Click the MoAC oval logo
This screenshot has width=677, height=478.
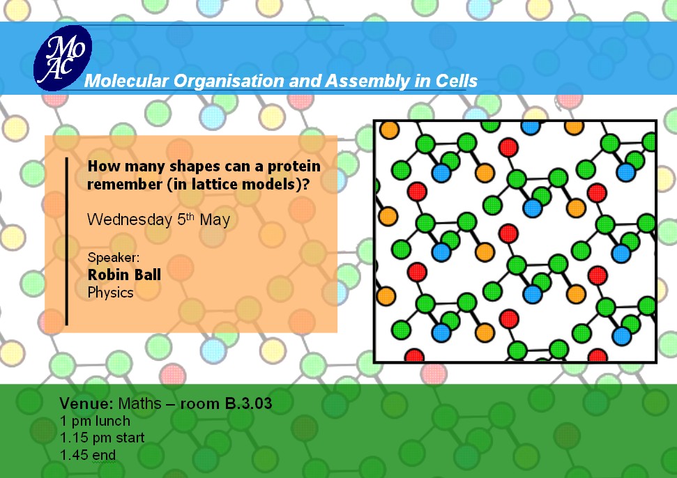coord(63,58)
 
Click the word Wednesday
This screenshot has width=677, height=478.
coord(130,219)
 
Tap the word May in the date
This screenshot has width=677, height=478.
coord(215,220)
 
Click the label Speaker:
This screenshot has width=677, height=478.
coord(114,258)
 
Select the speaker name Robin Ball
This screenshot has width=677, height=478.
coord(124,275)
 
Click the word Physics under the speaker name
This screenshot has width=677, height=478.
coord(111,293)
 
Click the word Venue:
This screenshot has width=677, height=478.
coord(86,403)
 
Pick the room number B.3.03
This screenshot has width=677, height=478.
coord(249,403)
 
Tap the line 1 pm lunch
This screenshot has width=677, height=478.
coord(95,421)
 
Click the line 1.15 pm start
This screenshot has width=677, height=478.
coord(102,438)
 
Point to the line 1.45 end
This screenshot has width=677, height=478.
coord(88,455)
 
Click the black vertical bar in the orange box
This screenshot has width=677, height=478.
coord(66,241)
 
